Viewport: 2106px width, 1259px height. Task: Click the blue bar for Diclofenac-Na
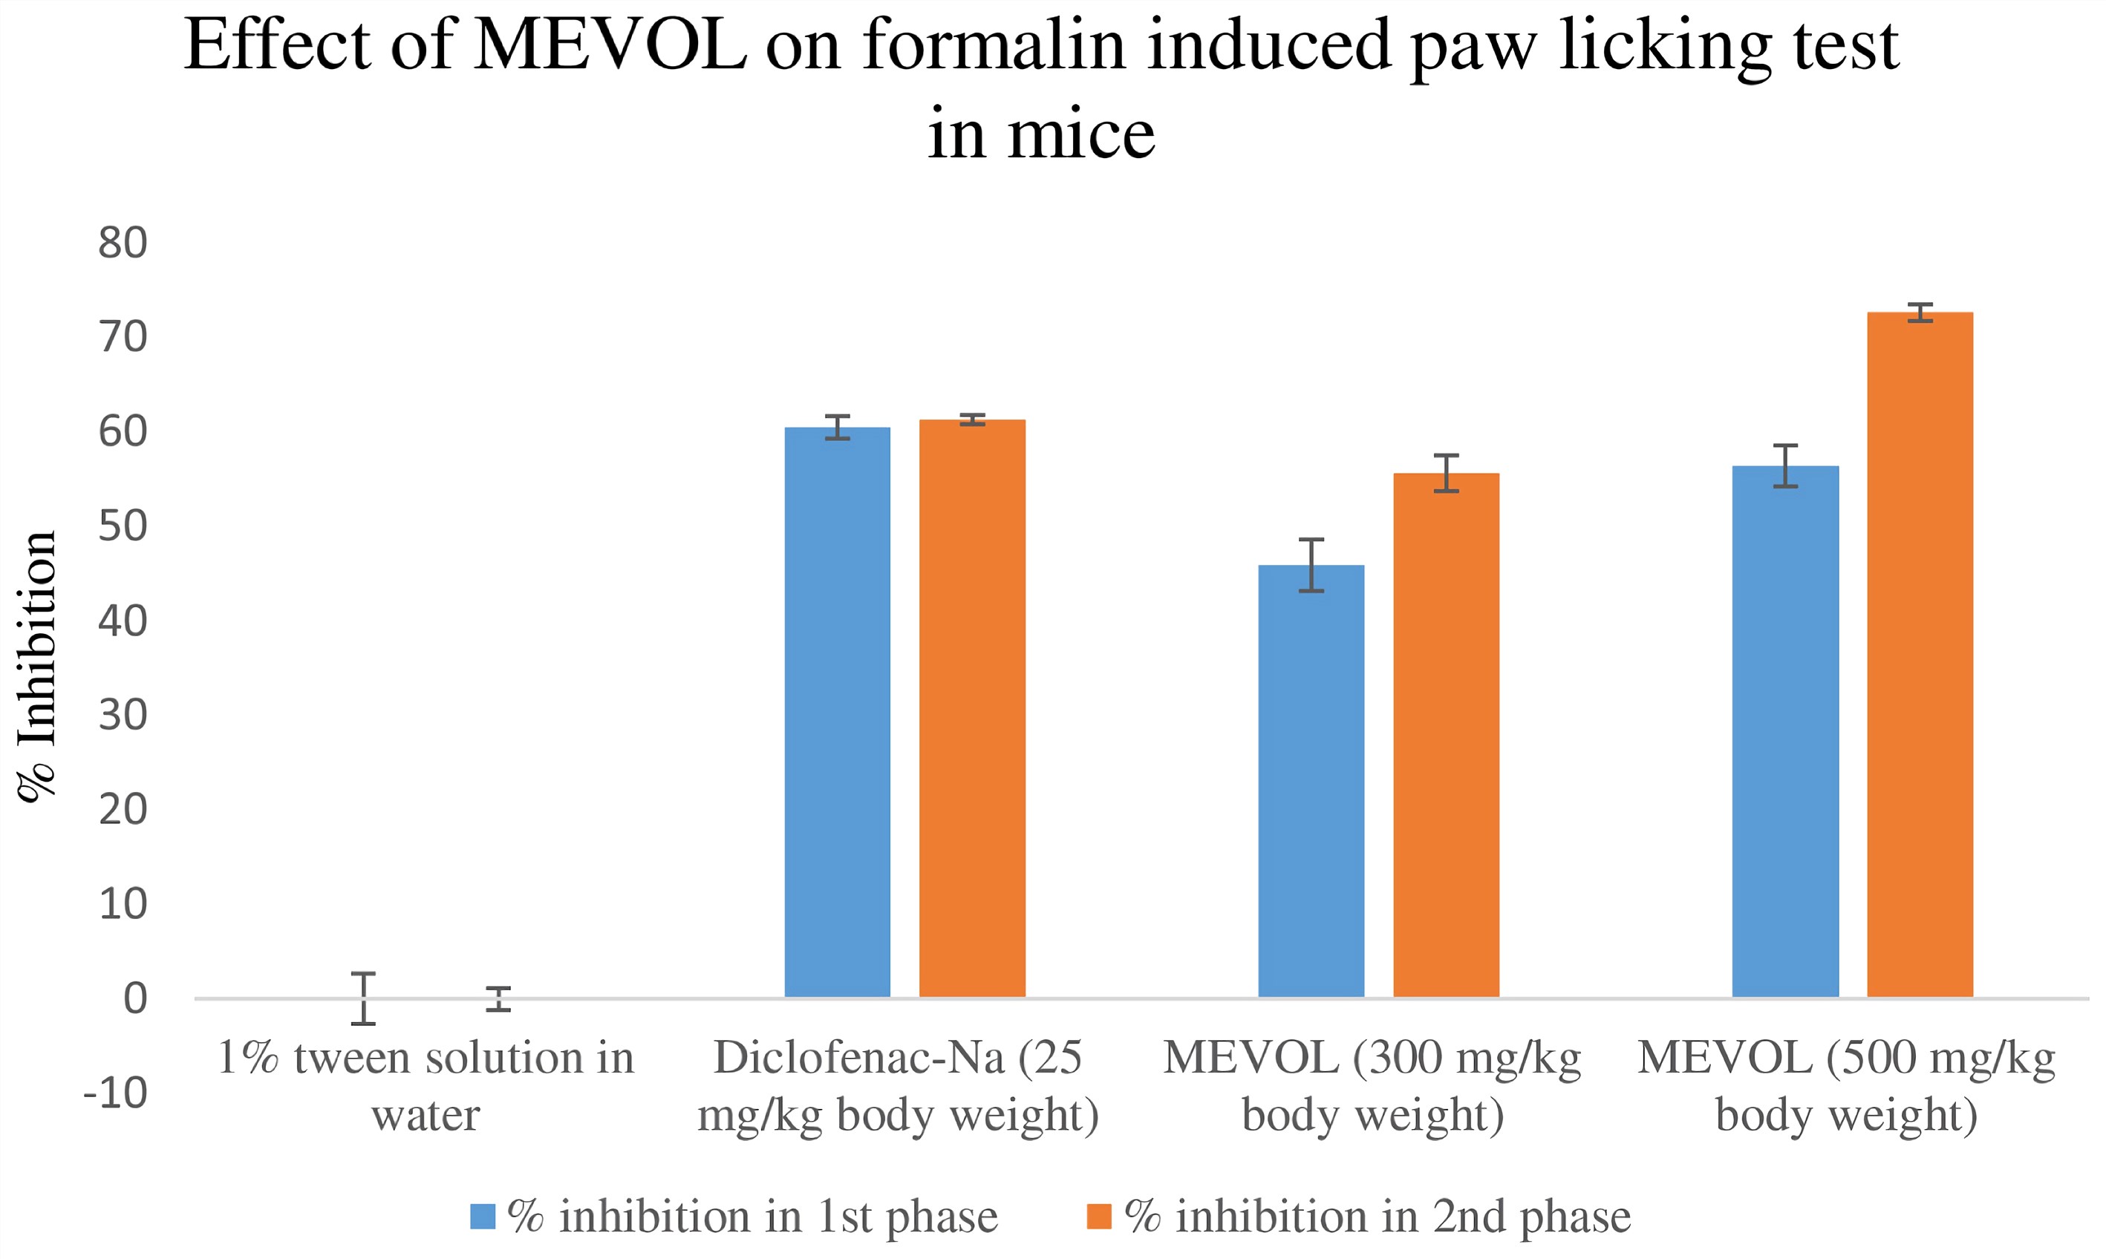[x=837, y=713]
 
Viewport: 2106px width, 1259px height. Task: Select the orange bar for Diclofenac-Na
[x=971, y=708]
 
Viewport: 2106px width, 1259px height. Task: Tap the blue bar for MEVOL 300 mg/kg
[x=1311, y=780]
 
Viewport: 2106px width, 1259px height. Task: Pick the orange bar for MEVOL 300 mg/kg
[x=1446, y=735]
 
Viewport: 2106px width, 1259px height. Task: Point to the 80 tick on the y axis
[x=123, y=243]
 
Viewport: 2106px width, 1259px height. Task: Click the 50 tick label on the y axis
[x=123, y=527]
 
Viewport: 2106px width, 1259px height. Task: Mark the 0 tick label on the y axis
[x=135, y=998]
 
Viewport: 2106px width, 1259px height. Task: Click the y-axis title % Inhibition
[x=37, y=667]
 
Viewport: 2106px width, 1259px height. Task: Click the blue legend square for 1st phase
[x=482, y=1217]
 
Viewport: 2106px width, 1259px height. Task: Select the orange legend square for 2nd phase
[x=1099, y=1217]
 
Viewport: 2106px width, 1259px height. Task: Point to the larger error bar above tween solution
[x=363, y=998]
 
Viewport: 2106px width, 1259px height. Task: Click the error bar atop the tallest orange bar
[x=1920, y=313]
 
